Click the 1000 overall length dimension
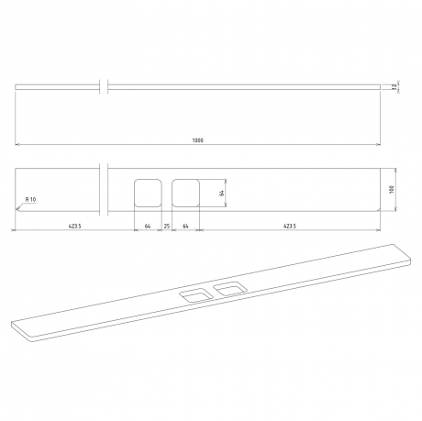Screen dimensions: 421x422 click(x=198, y=139)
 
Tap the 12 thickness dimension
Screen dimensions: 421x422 click(x=394, y=86)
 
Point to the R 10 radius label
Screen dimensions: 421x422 click(x=28, y=199)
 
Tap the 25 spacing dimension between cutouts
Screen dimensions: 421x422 click(x=167, y=225)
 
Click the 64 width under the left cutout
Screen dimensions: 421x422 click(x=148, y=225)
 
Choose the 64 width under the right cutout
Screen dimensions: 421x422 click(x=186, y=225)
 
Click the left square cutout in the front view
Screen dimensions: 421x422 click(x=148, y=192)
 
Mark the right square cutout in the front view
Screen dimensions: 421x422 click(x=186, y=192)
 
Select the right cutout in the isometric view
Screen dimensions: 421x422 click(x=229, y=290)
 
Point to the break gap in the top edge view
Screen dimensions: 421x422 click(x=105, y=86)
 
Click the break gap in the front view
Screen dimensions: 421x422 click(x=105, y=189)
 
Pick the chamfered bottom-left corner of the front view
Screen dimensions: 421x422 click(x=18, y=207)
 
